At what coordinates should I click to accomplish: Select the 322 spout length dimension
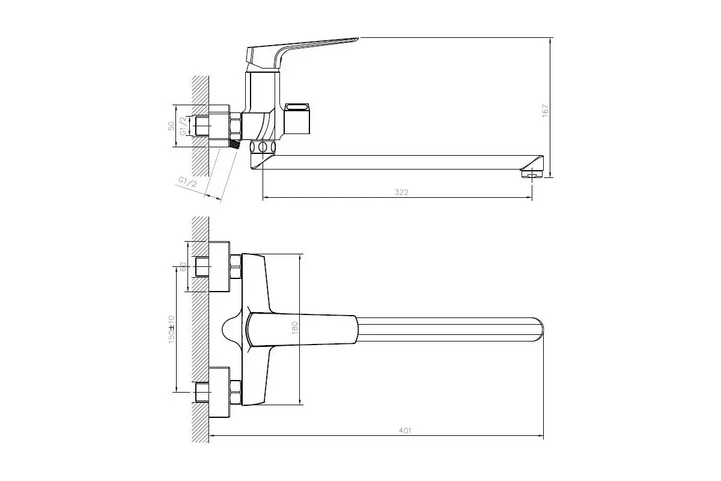pyautogui.click(x=401, y=192)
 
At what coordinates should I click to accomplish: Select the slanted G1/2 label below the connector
pyautogui.click(x=188, y=182)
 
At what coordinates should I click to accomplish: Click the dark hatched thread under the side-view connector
pyautogui.click(x=236, y=145)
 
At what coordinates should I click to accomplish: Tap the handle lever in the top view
pyautogui.click(x=300, y=331)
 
